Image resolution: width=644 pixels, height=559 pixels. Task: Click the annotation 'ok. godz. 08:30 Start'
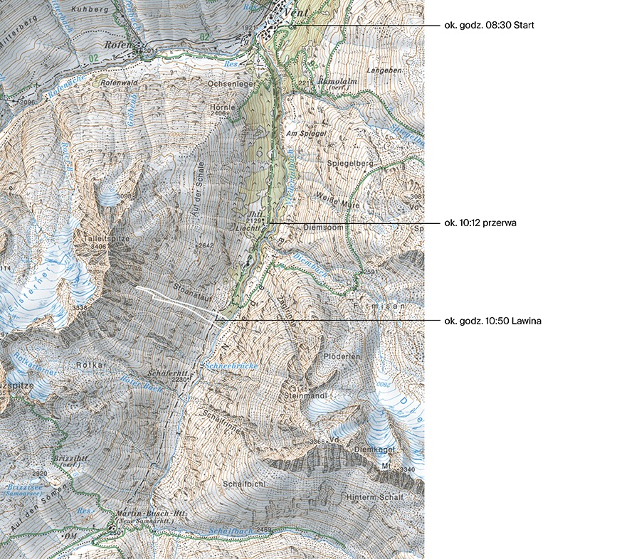click(488, 26)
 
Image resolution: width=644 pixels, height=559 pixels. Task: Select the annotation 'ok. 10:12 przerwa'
click(480, 223)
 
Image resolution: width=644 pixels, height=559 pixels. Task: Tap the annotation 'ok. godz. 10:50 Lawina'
click(492, 321)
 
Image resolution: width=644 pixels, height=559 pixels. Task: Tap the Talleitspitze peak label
click(106, 239)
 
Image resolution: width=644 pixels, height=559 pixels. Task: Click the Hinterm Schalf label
click(376, 496)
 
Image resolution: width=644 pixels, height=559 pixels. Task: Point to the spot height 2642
click(206, 245)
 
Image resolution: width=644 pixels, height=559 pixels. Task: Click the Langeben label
click(384, 72)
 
